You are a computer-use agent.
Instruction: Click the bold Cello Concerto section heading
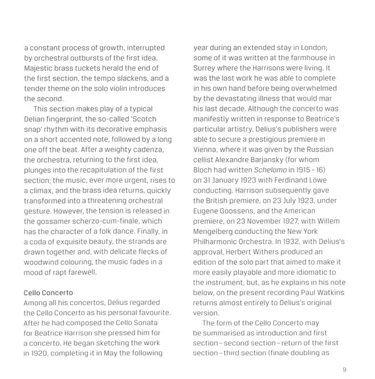(x=48, y=292)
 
